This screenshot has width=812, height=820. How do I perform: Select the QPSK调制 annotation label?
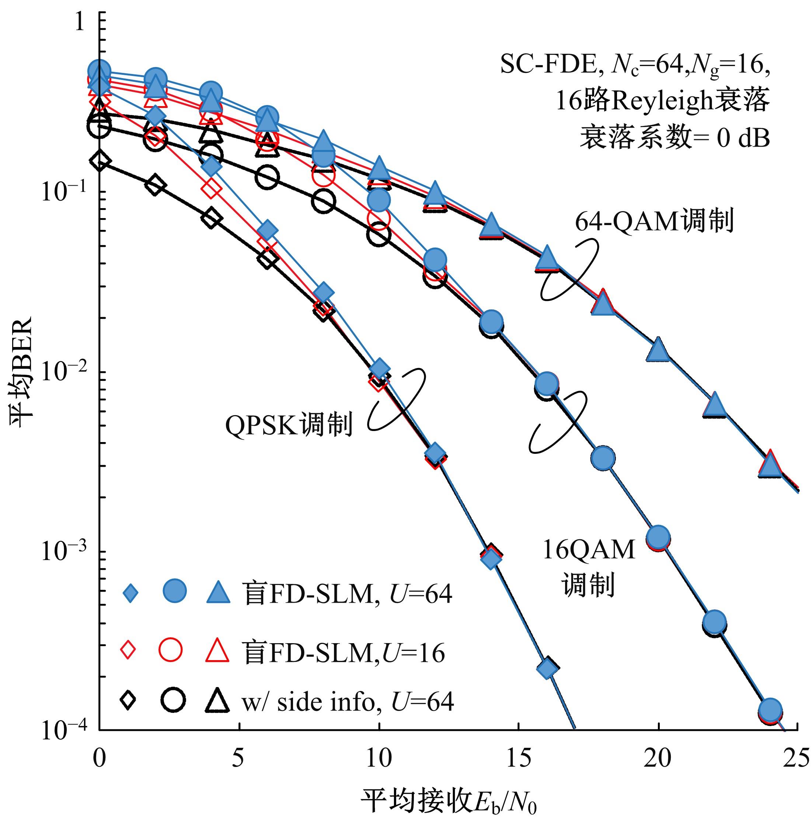coord(289,425)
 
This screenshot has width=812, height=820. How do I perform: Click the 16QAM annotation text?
coord(589,550)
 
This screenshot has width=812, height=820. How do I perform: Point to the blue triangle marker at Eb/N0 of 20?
coord(658,349)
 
